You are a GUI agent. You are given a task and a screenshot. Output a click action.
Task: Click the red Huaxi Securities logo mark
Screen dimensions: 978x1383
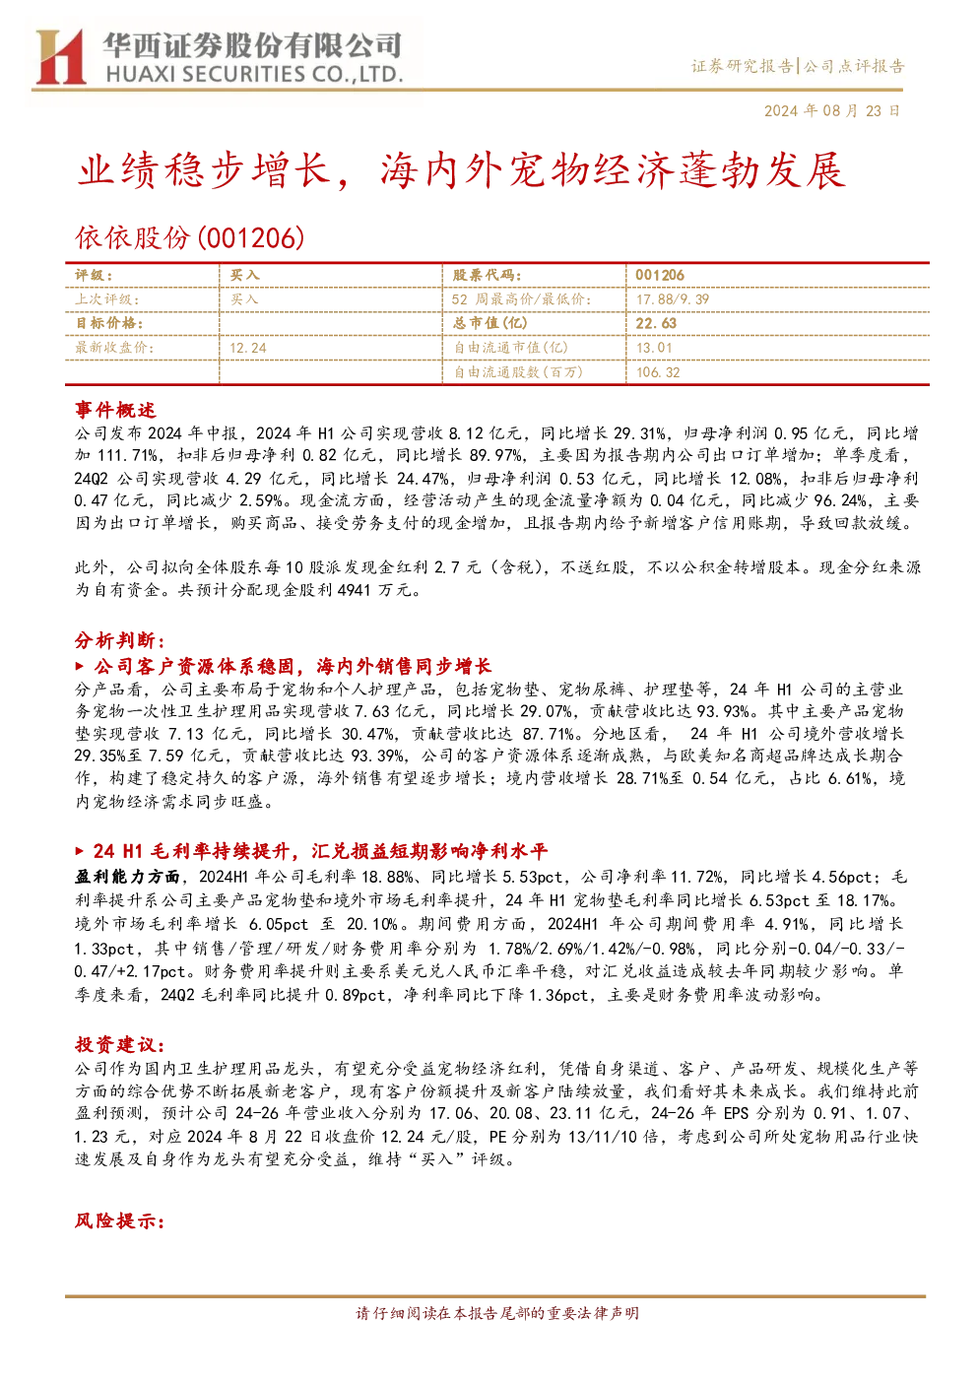point(60,57)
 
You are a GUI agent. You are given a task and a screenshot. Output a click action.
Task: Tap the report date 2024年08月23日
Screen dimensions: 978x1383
point(831,111)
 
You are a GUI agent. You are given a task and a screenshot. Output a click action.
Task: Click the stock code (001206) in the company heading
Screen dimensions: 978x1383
point(250,237)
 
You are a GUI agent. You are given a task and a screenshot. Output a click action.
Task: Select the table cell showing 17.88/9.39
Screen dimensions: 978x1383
point(673,299)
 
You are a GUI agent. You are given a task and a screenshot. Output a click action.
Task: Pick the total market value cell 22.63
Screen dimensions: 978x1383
point(656,323)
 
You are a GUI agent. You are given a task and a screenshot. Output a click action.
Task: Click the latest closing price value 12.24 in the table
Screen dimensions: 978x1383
point(248,348)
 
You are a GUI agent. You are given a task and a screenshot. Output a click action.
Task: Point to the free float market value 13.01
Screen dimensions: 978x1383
point(654,348)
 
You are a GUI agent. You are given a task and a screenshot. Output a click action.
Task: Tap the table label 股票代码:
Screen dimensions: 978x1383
point(488,275)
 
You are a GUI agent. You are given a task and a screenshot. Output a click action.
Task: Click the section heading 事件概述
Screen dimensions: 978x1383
point(115,410)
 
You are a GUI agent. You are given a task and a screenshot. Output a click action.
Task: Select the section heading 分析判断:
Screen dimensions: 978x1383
point(120,640)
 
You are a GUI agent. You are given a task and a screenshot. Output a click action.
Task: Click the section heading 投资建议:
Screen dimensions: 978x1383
point(120,1045)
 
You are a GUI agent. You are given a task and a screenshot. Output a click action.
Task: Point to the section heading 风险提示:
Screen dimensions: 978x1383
point(120,1220)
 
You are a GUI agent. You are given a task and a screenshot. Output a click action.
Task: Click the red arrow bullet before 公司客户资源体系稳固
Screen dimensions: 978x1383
point(80,666)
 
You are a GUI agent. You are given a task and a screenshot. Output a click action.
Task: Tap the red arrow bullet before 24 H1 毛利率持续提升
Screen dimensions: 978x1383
point(80,851)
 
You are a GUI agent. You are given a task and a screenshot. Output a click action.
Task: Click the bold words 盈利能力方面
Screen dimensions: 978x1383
point(127,877)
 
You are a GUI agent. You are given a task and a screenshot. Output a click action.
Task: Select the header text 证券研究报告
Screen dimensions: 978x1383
point(743,66)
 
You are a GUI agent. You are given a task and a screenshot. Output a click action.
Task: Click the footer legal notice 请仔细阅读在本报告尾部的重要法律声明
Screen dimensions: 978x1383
point(497,1313)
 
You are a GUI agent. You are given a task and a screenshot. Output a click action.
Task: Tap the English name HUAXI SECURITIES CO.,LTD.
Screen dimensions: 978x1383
point(254,75)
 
